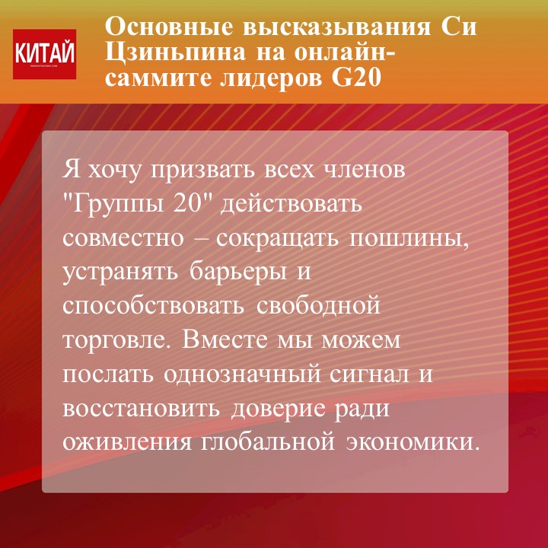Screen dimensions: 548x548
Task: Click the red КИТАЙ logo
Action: (x=44, y=54)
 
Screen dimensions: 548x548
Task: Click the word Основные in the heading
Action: (x=169, y=27)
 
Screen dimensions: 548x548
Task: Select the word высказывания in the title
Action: (x=336, y=27)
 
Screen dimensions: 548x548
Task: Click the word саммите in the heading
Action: (x=158, y=78)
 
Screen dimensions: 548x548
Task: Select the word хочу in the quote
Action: (x=113, y=171)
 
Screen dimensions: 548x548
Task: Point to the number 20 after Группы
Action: (x=189, y=203)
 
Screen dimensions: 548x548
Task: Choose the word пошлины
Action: (x=408, y=240)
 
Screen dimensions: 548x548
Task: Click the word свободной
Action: (x=318, y=304)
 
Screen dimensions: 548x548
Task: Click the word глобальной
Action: (x=268, y=443)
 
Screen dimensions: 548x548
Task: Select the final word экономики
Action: (x=412, y=443)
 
